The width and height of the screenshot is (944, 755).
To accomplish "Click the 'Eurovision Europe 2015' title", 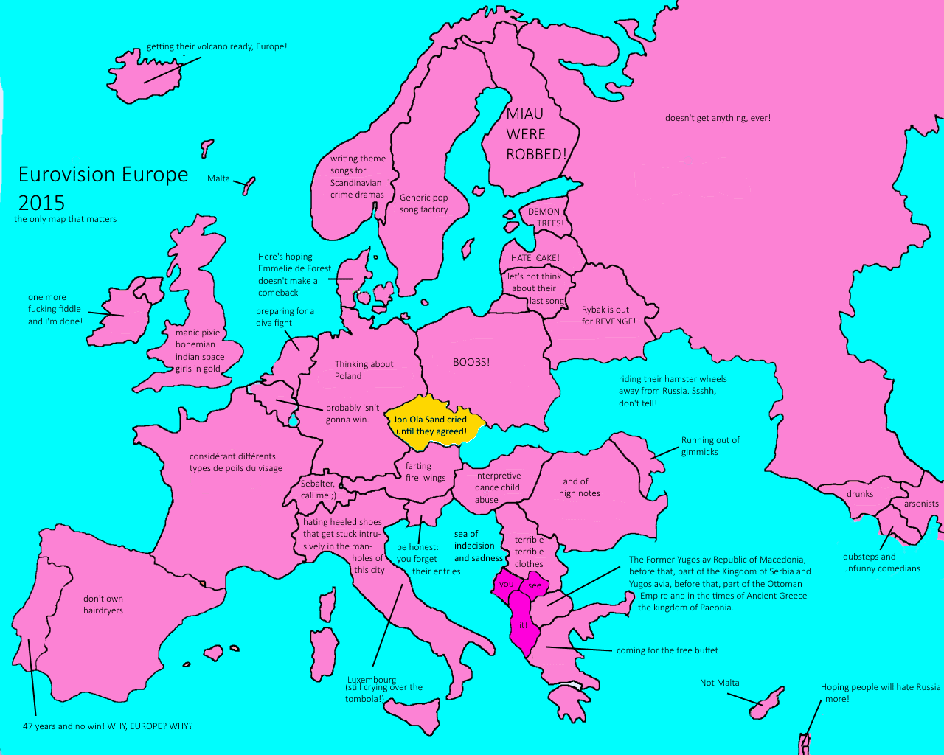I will pos(103,188).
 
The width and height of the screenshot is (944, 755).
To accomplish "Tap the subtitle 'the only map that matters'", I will pos(65,219).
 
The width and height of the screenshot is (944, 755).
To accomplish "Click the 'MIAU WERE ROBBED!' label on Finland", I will pos(536,134).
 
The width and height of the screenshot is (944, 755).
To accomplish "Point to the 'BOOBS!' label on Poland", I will pos(471,362).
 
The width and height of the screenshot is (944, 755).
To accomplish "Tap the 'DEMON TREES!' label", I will pos(545,218).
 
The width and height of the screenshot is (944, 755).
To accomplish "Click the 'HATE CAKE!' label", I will pos(535,258).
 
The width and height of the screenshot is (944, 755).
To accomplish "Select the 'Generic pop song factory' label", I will pos(424,203).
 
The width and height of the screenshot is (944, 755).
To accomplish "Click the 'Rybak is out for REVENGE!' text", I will pos(608,316).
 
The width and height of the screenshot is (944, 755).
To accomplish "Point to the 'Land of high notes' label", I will pos(579,487).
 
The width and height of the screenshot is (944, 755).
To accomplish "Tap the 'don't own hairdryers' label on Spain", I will pos(103,605).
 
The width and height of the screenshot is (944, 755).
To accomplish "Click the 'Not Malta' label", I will pos(719,683).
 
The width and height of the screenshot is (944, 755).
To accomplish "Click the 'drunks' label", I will pos(860,494).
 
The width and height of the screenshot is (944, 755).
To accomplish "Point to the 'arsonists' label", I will pos(921,504).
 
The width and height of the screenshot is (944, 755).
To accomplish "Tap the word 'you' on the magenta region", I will pos(506,584).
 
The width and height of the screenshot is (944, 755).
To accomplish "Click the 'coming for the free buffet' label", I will pos(667,650).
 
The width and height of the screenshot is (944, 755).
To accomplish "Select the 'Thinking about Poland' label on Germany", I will pos(364,370).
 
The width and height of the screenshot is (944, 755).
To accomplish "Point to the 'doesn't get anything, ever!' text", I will pos(718,118).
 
